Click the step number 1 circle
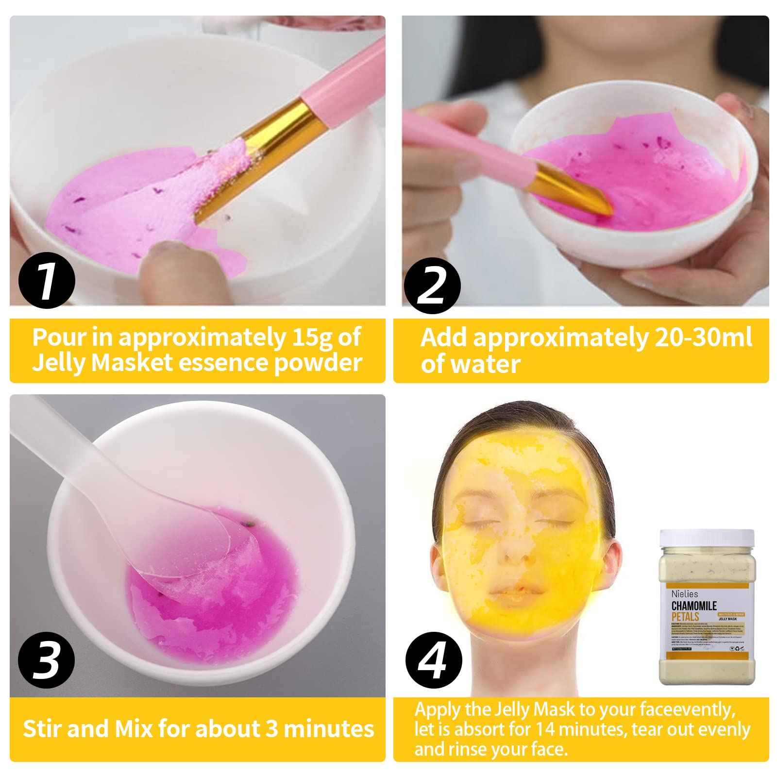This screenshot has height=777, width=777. click(47, 281)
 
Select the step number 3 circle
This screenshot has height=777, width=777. click(46, 661)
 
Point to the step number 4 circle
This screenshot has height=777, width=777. click(433, 661)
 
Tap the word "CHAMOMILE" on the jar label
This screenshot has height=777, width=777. click(694, 606)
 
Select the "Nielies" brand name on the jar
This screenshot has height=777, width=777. click(685, 594)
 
